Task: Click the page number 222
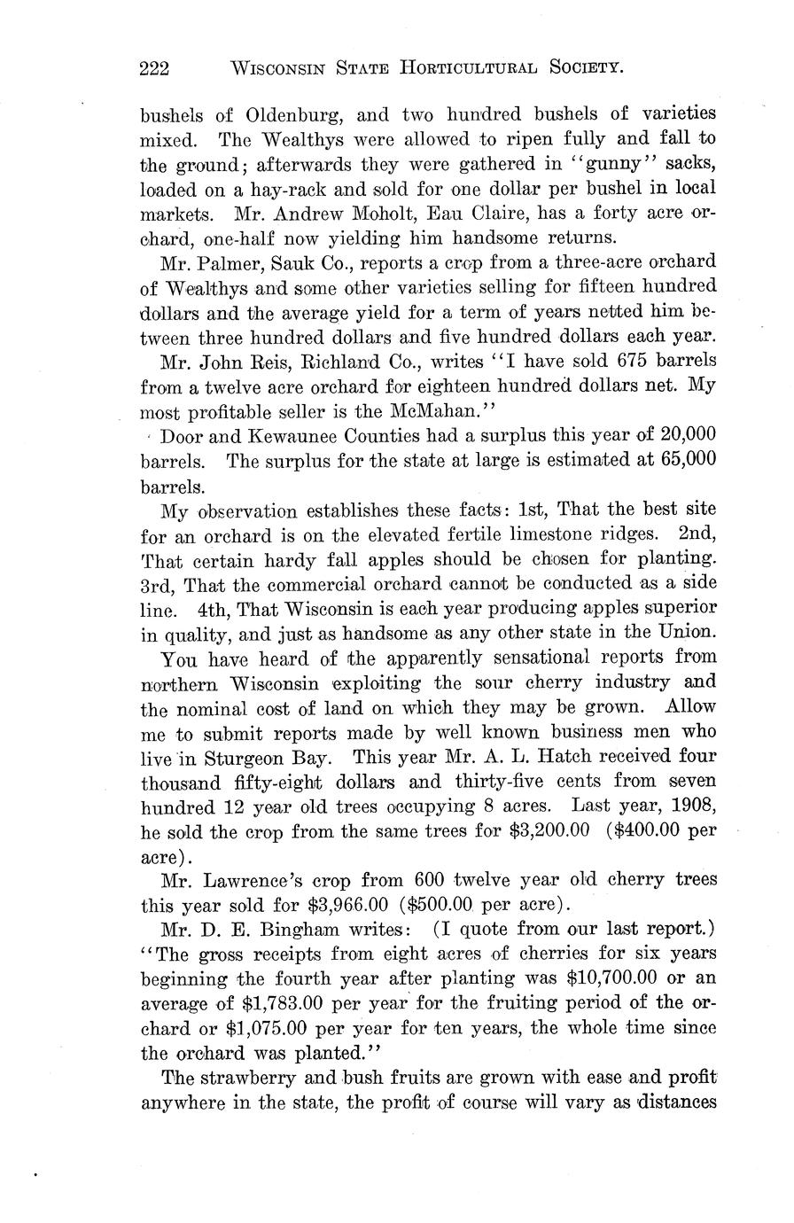click(155, 67)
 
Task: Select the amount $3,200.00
click(547, 833)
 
